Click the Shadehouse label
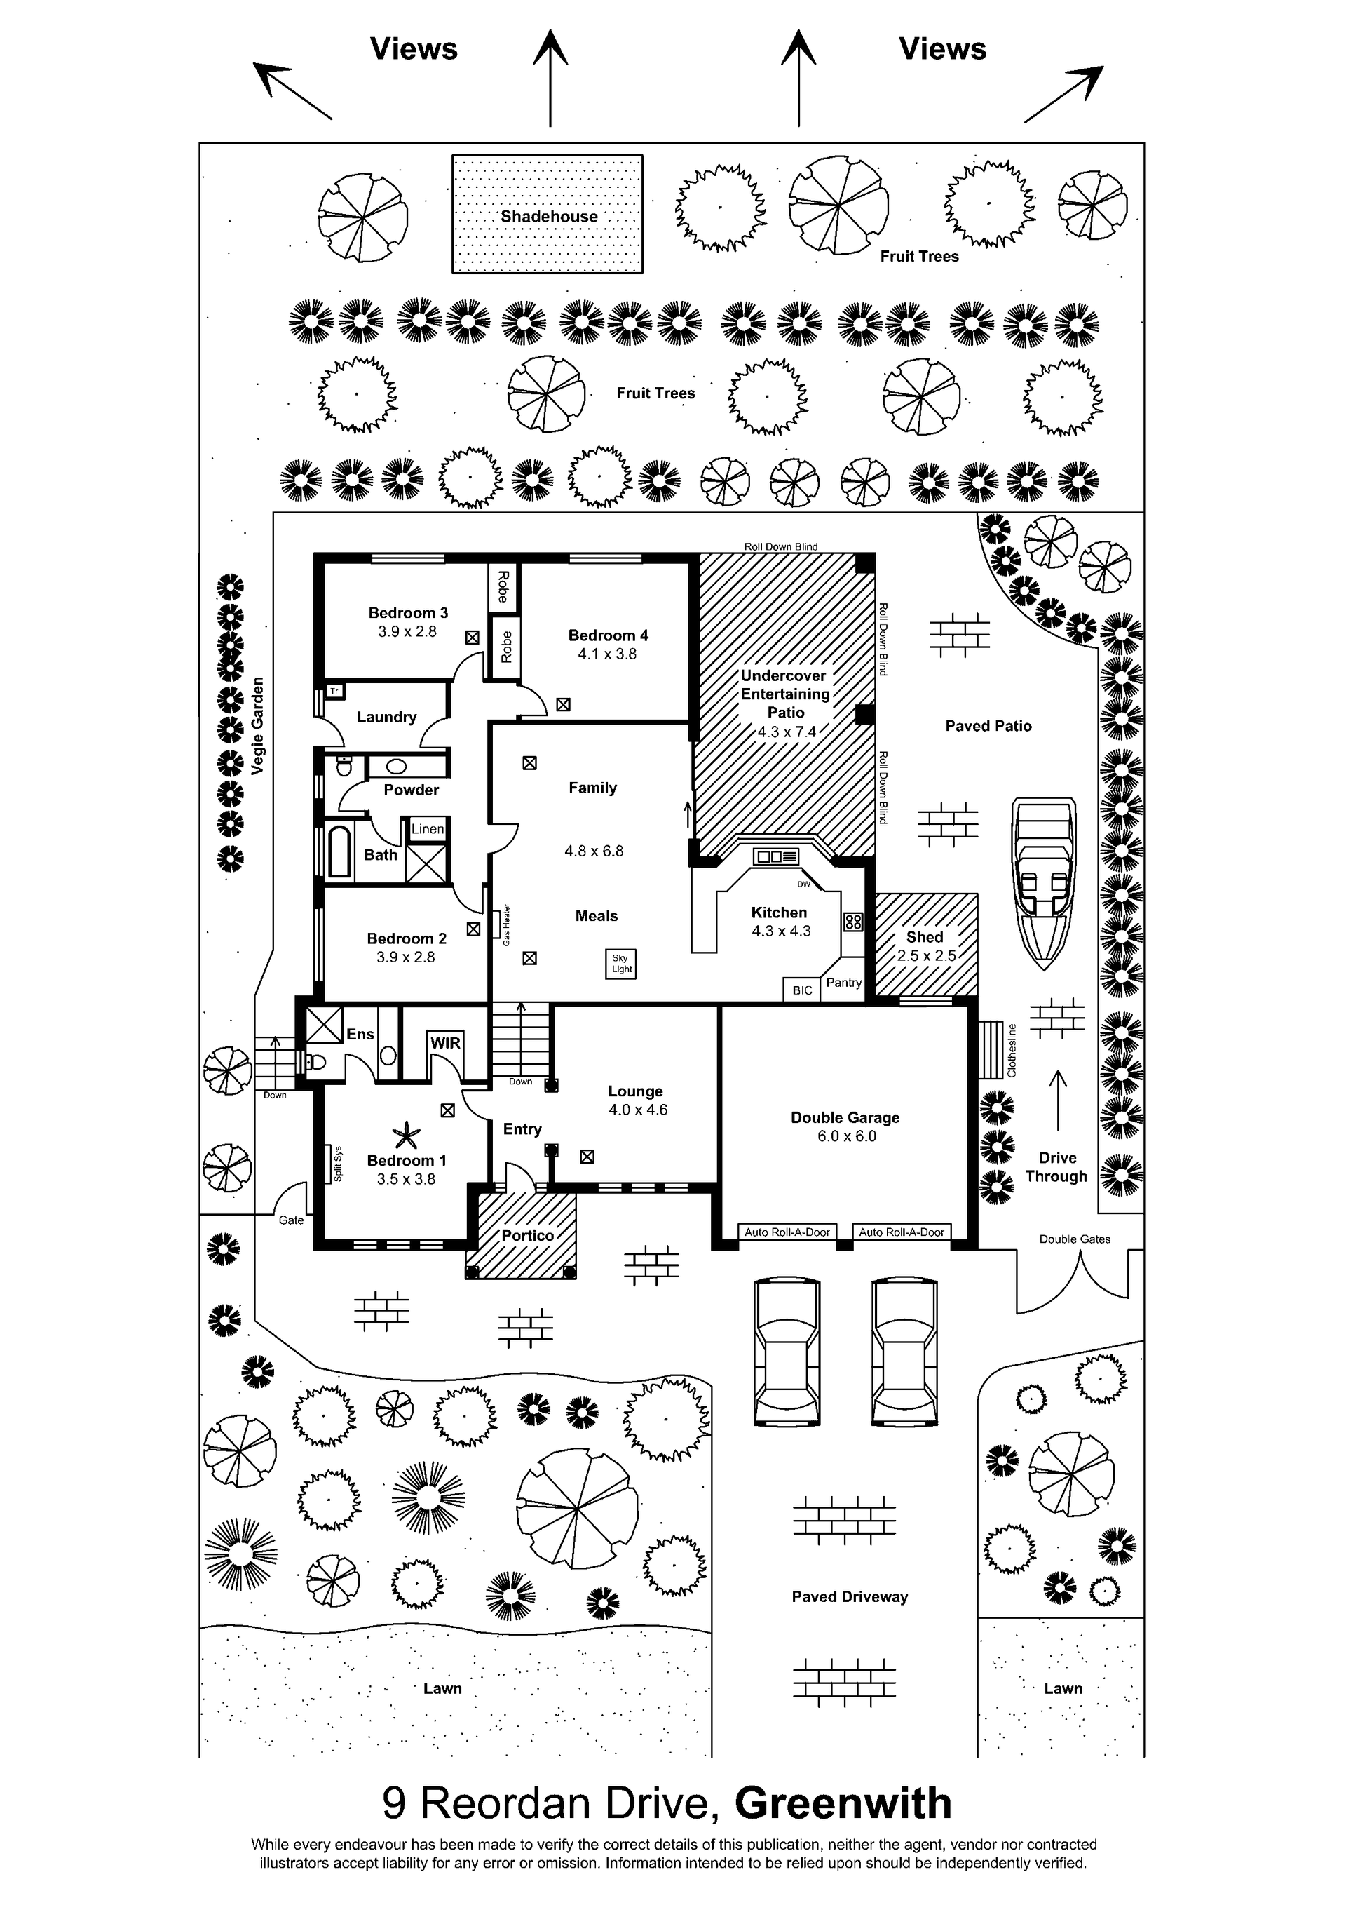pos(548,217)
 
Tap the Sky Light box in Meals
pos(621,963)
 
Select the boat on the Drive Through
pos(1043,884)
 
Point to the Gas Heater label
pos(506,924)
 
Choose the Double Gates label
pos(1075,1239)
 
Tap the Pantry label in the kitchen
pos(843,983)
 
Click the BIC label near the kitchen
pos(802,990)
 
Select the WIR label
pos(445,1043)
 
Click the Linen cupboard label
pos(428,828)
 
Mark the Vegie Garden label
pos(257,726)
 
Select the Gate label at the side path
pos(291,1220)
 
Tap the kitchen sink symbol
pos(776,856)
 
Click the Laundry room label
pos(386,717)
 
